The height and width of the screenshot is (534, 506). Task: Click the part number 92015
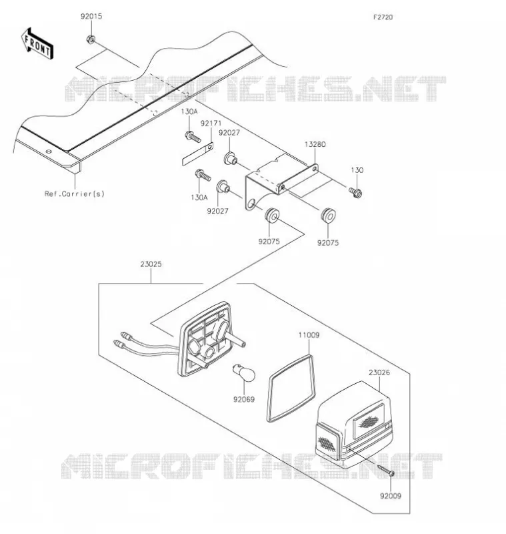coord(91,16)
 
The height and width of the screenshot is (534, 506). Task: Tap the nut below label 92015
coord(91,39)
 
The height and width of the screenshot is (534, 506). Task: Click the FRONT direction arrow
coord(37,44)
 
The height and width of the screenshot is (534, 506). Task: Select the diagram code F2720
coord(383,17)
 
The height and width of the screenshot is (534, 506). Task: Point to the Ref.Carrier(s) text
coord(75,194)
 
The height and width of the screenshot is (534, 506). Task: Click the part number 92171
coord(211,123)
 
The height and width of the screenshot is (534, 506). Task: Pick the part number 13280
coord(315,144)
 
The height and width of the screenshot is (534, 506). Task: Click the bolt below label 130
coord(355,192)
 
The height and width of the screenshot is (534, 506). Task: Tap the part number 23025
coord(151,264)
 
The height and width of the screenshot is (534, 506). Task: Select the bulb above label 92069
coord(244,372)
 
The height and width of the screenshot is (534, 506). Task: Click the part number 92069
coord(244,399)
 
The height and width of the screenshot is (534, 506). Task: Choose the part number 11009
coord(309,335)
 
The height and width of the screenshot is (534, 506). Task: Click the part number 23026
coord(379,372)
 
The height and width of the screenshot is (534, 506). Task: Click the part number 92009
coord(391,496)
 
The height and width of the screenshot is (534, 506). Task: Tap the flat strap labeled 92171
coord(198,154)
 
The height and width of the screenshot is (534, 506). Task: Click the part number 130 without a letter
coord(357,170)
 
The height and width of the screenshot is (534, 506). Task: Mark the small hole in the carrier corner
coord(49,152)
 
